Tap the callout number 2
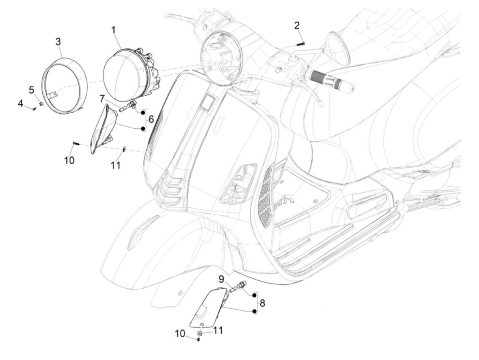[x=297, y=25]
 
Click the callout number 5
[x=31, y=90]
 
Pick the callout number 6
[x=151, y=119]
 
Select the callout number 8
[x=262, y=303]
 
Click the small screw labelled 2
[x=302, y=43]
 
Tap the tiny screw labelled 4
[x=34, y=109]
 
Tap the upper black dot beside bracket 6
[x=143, y=112]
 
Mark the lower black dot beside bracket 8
[x=254, y=311]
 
